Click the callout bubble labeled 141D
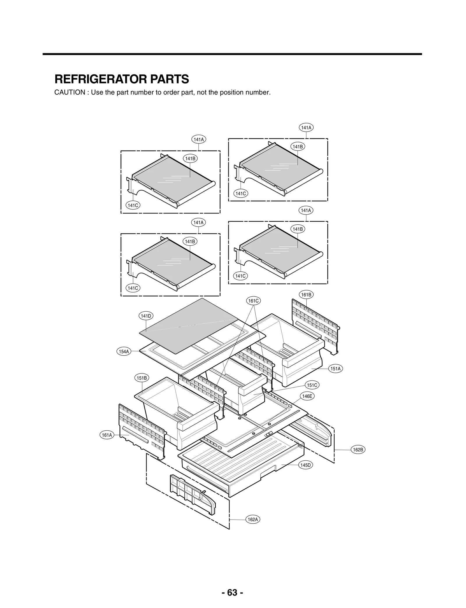coord(146,316)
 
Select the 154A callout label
coord(124,352)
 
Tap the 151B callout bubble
coord(142,378)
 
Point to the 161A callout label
coord(107,435)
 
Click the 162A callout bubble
coord(253,519)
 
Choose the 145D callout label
coord(306,465)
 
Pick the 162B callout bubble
coord(358,450)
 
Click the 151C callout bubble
coord(312,385)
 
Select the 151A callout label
coord(336,368)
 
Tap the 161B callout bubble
coord(306,295)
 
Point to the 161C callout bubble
coord(253,300)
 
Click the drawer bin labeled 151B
coord(175,408)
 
